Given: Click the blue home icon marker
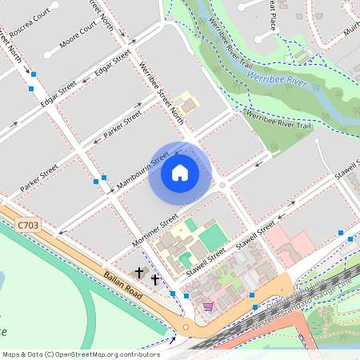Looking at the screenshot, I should pos(180,173).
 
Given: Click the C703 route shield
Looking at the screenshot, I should pos(28,226).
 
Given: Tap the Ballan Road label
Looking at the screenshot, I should pos(122,285).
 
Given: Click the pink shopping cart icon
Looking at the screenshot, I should pos(208,306).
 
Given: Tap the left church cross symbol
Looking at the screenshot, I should pos(139,273).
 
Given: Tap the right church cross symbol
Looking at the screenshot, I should pos(155,280).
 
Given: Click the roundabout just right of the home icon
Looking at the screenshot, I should pos(222,186).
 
